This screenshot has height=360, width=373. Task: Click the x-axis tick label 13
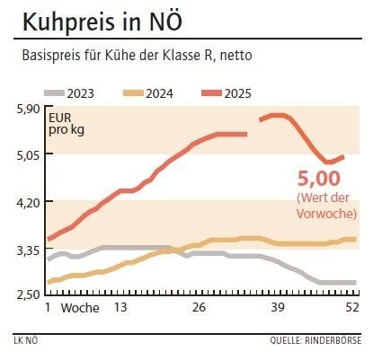tap(118, 308)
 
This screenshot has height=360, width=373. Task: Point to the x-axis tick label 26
tap(199, 308)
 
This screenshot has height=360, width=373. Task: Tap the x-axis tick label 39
tap(278, 308)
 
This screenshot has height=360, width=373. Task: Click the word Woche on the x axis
tap(80, 308)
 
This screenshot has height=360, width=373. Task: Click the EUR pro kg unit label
tap(64, 124)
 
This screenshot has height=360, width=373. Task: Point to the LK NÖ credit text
tap(27, 341)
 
